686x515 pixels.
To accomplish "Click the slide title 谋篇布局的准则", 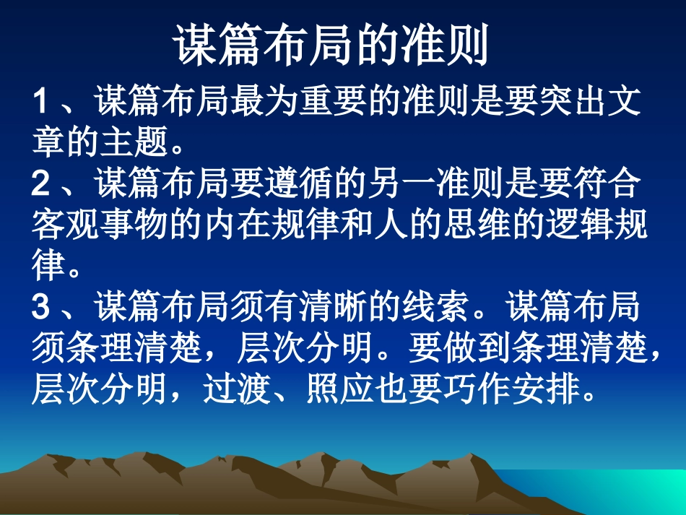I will coord(331,46).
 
